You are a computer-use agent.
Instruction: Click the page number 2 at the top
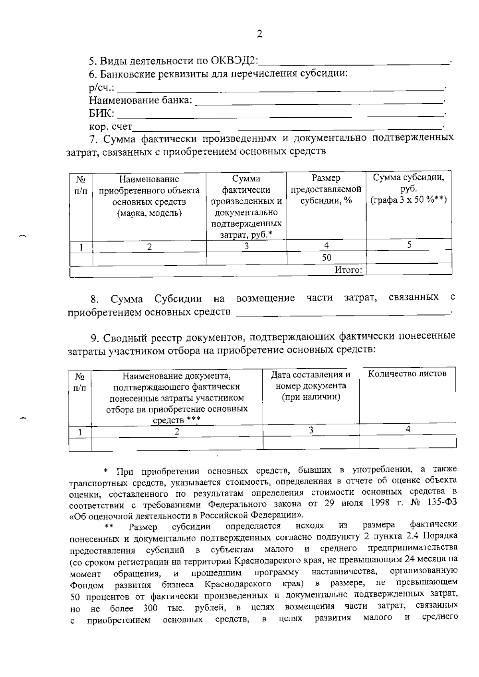pos(259,34)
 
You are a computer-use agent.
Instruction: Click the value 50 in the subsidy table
pos(327,258)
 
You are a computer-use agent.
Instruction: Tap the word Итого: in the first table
pos(348,270)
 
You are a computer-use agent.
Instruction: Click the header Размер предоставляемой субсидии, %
pos(326,189)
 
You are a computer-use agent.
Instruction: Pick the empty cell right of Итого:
pos(409,270)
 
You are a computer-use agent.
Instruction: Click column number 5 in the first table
pos(409,245)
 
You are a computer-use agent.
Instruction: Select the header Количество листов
pos(407,374)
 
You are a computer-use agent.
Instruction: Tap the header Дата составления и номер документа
pos(311,385)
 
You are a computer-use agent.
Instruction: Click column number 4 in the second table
pos(408,429)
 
